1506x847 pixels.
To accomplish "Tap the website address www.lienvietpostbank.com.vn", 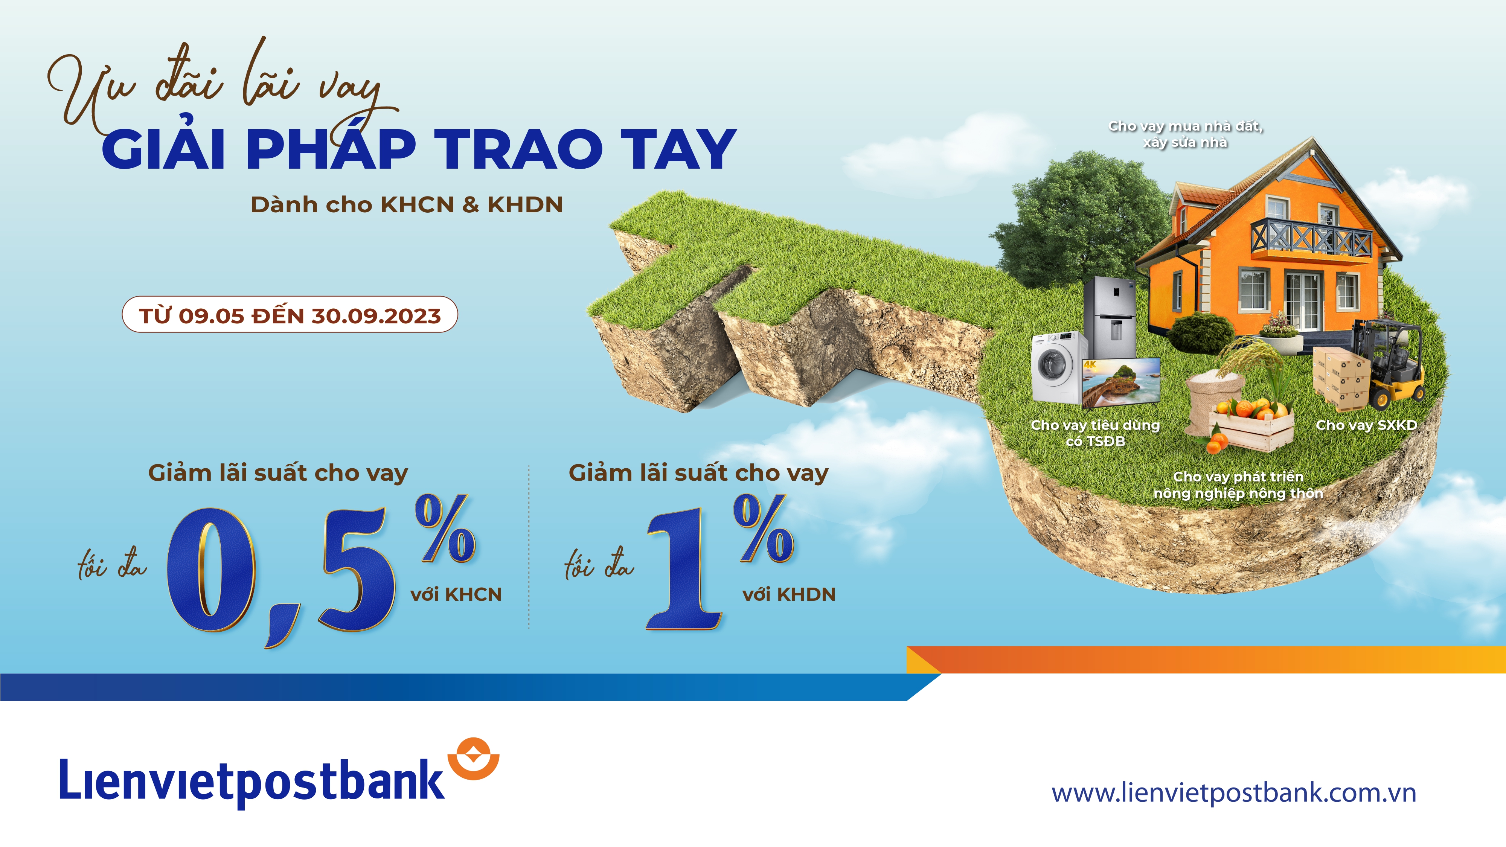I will click(1233, 793).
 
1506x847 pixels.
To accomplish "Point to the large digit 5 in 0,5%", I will click(357, 570).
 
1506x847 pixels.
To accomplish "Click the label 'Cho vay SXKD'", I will click(1366, 425).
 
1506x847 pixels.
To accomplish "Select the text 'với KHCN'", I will click(456, 594).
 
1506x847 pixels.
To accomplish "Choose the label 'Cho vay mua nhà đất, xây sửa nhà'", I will click(1186, 134).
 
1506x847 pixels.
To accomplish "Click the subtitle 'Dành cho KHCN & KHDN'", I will click(406, 204).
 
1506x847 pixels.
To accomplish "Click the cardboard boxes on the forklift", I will click(1339, 377).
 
